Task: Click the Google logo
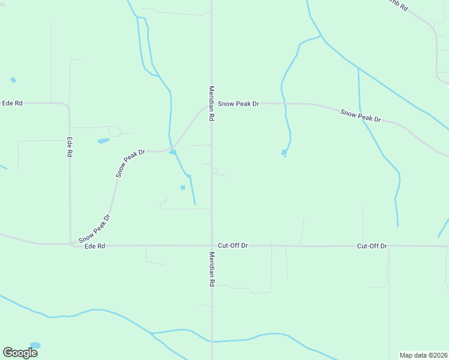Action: (20, 352)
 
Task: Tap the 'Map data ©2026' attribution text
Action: (423, 355)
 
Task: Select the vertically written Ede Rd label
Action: (70, 147)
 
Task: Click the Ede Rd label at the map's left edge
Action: (12, 103)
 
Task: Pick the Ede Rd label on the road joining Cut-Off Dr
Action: (95, 246)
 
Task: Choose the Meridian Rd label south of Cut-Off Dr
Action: (212, 269)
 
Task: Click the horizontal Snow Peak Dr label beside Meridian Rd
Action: (238, 104)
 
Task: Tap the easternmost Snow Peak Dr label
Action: (360, 115)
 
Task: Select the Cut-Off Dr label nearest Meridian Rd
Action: (233, 246)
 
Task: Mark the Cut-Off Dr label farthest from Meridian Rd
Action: (372, 246)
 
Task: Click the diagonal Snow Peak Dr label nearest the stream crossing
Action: (131, 163)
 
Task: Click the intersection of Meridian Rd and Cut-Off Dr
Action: (212, 245)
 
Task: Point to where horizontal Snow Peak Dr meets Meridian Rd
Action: (211, 104)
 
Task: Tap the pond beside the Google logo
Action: (35, 346)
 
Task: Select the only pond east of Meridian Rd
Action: (284, 152)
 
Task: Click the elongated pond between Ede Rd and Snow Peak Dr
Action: (103, 141)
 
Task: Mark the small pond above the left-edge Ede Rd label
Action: (13, 80)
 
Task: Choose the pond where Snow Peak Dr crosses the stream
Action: (173, 152)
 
